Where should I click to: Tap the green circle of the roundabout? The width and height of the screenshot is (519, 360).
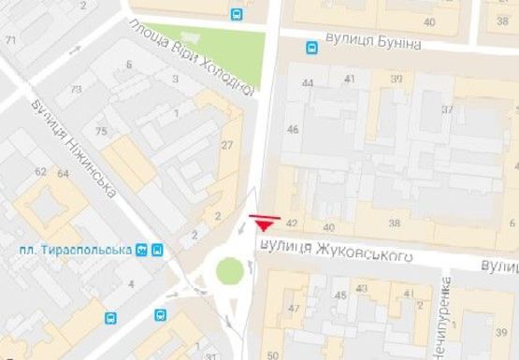(x=229, y=271)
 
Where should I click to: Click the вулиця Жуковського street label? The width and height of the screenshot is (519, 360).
(x=336, y=252)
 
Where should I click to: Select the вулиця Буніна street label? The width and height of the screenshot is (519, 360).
(x=374, y=44)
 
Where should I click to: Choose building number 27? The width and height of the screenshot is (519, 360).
(x=226, y=145)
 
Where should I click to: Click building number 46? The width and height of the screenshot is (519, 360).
(x=293, y=129)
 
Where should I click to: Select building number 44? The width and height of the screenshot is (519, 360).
(x=308, y=83)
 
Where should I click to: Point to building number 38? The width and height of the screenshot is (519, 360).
(x=394, y=223)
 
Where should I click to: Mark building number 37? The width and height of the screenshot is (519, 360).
(x=447, y=109)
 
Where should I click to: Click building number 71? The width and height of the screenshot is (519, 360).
(x=11, y=40)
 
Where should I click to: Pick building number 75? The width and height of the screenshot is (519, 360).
(x=100, y=132)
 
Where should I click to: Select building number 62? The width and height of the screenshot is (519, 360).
(x=40, y=172)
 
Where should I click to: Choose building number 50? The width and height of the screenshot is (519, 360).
(x=272, y=354)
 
